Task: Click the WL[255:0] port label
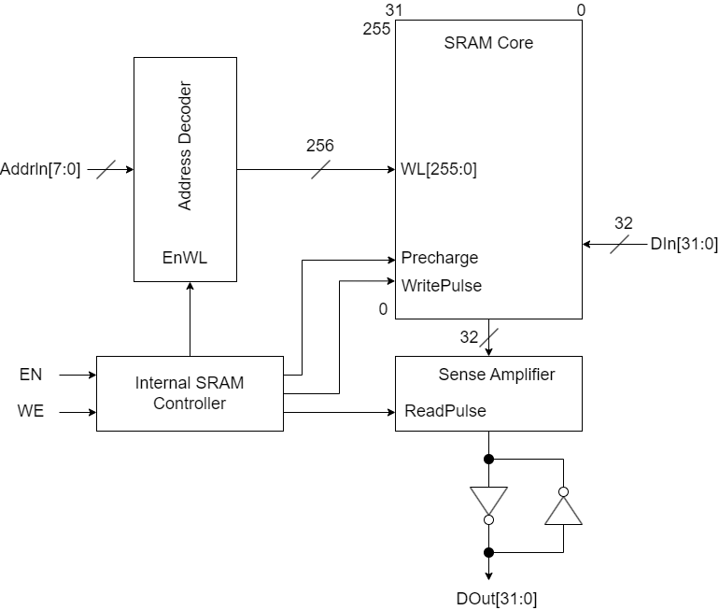tap(439, 169)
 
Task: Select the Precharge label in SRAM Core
tap(440, 258)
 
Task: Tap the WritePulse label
tap(442, 286)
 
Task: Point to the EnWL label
tap(185, 258)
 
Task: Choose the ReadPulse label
tap(445, 411)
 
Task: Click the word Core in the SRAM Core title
tap(515, 43)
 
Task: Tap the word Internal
tap(163, 383)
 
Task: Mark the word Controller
tap(190, 404)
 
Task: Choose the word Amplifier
tap(520, 375)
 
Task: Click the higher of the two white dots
tap(563, 491)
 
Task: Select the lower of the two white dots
tap(488, 519)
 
